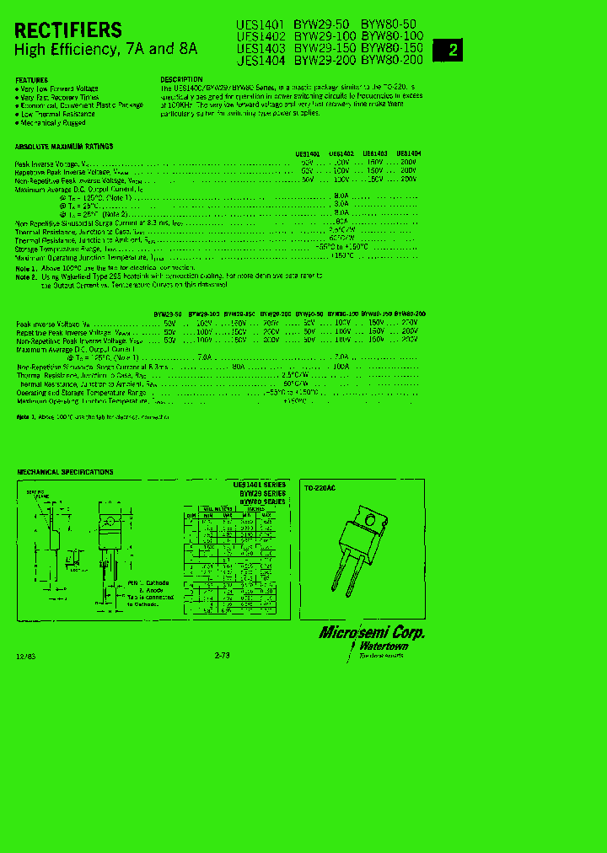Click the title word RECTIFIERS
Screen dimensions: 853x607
click(68, 31)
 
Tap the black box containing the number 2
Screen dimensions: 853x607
click(452, 50)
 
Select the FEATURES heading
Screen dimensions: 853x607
click(32, 80)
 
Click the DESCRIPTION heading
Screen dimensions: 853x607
click(181, 79)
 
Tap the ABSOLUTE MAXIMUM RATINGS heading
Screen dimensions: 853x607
click(64, 147)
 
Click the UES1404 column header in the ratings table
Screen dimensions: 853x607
click(408, 154)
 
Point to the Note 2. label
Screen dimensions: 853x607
click(26, 276)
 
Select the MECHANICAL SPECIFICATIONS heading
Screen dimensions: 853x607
click(65, 472)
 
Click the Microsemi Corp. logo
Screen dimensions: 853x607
click(372, 633)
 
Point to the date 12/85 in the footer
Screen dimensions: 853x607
click(25, 655)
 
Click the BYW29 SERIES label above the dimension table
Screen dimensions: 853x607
click(263, 493)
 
